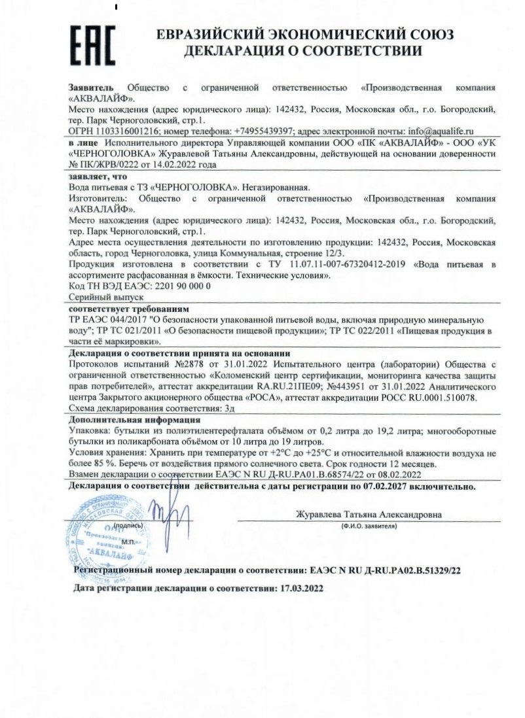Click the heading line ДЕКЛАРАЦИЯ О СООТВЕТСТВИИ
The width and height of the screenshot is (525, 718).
pyautogui.click(x=302, y=51)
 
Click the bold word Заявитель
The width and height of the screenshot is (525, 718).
pyautogui.click(x=91, y=88)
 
